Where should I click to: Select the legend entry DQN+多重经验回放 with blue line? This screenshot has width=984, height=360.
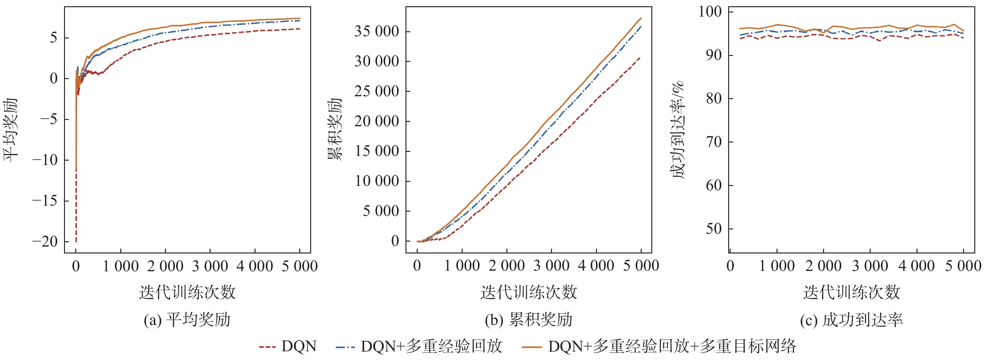(419, 346)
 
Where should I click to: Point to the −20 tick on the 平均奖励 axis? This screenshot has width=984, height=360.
(45, 242)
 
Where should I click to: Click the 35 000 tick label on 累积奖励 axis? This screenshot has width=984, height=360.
(377, 31)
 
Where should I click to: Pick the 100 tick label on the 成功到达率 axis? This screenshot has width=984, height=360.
(710, 12)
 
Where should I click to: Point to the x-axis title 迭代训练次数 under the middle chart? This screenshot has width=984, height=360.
(529, 293)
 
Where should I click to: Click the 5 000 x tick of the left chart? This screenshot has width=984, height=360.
(300, 266)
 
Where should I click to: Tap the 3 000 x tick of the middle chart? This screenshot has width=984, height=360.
(551, 266)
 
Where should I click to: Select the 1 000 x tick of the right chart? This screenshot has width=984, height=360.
(777, 266)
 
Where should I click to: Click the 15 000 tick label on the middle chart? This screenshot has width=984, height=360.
(377, 151)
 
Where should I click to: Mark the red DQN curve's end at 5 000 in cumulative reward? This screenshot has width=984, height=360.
(640, 58)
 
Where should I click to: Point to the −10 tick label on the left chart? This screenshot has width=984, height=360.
(45, 160)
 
